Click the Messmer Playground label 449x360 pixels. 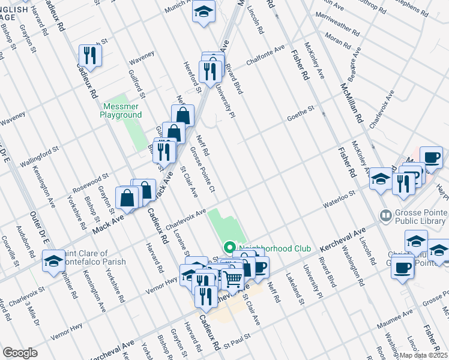pos(121,110)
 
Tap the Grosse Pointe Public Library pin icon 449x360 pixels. pos(386,215)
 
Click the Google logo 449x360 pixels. pos(20,352)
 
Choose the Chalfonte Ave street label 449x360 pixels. pos(265,56)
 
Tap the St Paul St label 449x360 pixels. pos(235,346)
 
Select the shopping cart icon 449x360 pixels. pos(233,277)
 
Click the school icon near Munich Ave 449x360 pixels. pos(204,11)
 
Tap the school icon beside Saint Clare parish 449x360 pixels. pos(53,262)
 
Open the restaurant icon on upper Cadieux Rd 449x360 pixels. pos(90,55)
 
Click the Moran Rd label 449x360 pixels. pos(338,43)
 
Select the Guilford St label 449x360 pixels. pos(137,83)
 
